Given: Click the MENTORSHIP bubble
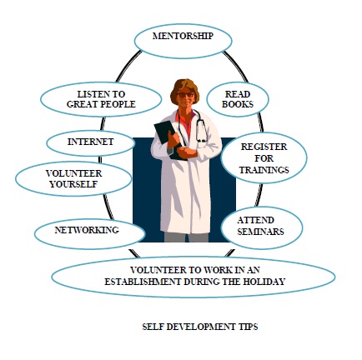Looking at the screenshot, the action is click(183, 41).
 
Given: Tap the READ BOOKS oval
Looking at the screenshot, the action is click(238, 99).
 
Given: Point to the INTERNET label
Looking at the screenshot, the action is click(91, 142).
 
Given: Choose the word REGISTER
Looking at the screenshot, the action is click(264, 147).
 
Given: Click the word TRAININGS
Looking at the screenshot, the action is click(264, 170).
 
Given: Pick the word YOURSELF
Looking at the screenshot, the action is click(73, 184).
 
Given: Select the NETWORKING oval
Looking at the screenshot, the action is click(90, 233).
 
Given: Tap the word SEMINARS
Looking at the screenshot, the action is click(260, 232).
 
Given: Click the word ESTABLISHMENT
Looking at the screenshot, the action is click(143, 282).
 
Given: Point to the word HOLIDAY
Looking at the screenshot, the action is click(264, 282).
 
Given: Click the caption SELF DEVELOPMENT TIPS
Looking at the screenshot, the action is click(200, 327).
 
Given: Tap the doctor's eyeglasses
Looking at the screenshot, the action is click(185, 95).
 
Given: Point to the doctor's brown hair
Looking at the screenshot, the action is click(184, 89).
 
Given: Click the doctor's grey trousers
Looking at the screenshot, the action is click(186, 237).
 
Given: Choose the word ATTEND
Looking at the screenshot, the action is click(255, 220).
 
